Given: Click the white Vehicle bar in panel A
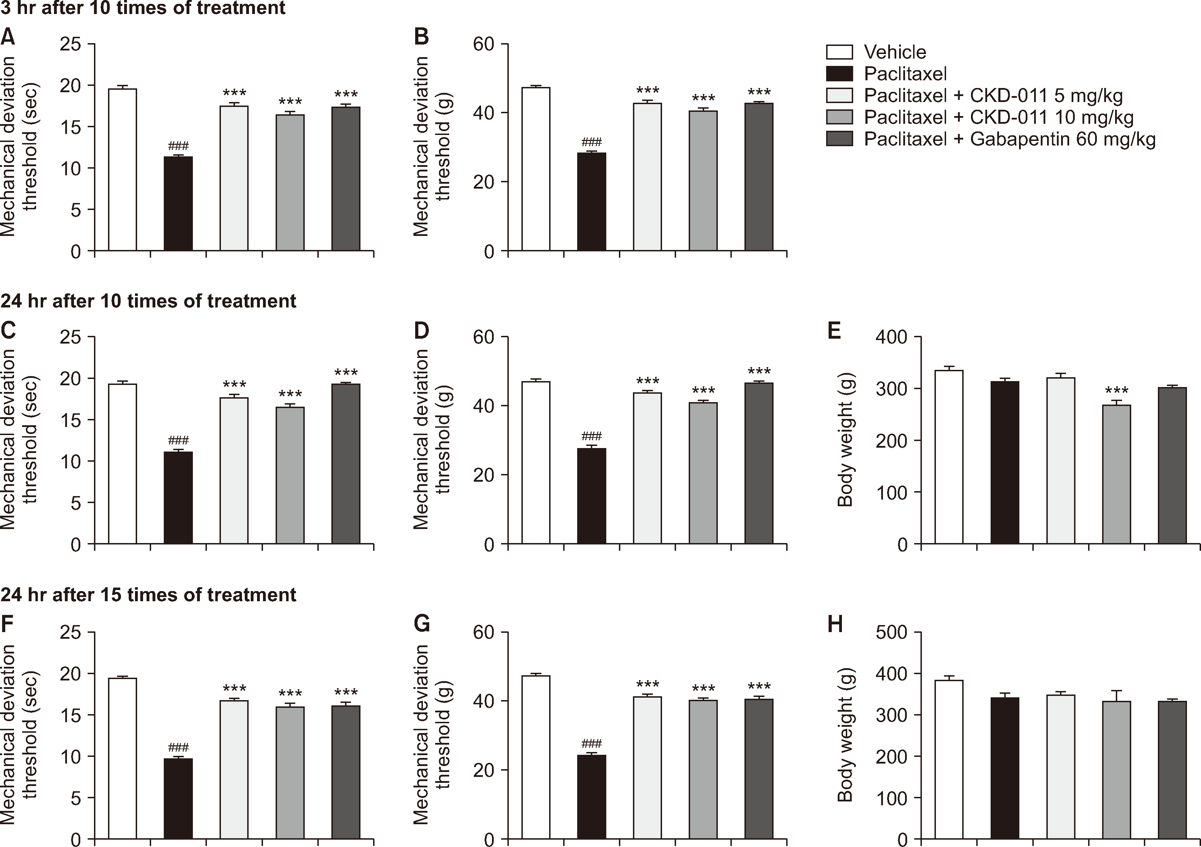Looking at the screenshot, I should click(122, 170).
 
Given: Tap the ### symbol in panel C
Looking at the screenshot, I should click(178, 440).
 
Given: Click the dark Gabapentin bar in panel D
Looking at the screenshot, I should click(759, 463).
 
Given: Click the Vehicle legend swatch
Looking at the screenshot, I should click(839, 52).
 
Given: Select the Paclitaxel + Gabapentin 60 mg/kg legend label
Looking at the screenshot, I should click(1009, 139).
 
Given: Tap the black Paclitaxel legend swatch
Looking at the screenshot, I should click(839, 74).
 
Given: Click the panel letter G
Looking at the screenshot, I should click(421, 624).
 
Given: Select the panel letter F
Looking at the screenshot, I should click(7, 624).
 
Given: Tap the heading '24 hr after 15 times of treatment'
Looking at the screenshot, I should click(149, 595).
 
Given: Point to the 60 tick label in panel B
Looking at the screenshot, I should click(484, 45).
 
